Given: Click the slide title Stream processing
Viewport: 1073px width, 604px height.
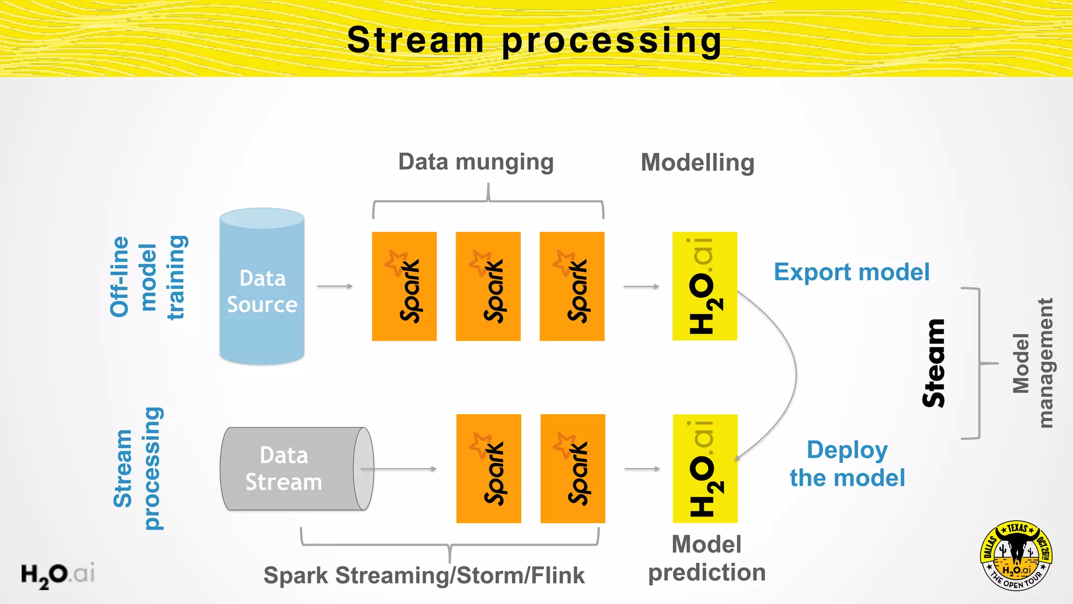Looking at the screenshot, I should point(534,40).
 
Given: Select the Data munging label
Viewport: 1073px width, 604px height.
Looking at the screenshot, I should point(476,162).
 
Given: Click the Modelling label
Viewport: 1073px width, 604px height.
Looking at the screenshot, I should point(697,163).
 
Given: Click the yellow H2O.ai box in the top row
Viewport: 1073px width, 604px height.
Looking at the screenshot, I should point(705,286).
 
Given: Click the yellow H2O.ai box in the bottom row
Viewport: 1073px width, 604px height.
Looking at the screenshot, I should point(705,468).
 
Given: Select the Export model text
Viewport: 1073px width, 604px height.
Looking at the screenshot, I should point(851,272).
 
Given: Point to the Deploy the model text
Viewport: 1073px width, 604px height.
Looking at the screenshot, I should point(847,464).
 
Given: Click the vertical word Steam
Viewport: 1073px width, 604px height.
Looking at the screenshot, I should point(934,363).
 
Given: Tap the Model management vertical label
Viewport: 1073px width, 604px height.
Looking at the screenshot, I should point(1033,363).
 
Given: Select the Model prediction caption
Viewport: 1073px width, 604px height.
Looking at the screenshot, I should point(706,558).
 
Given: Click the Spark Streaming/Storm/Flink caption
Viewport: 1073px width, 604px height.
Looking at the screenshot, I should point(424,575).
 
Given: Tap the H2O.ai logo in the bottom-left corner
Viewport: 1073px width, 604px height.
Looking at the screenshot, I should point(58,575).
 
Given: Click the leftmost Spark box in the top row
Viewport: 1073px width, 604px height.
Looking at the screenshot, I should point(404,286).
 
